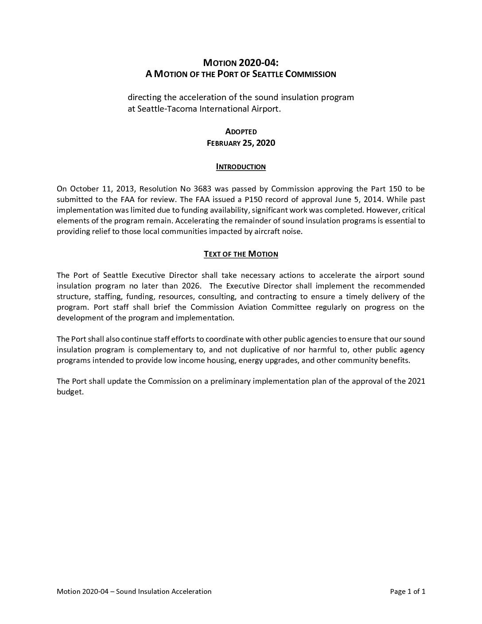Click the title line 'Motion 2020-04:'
click(241, 63)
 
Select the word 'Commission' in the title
click(311, 74)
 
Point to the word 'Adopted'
click(241, 131)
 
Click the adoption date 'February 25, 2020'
click(241, 143)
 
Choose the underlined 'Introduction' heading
click(241, 167)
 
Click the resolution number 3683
click(202, 189)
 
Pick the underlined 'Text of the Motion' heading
click(241, 254)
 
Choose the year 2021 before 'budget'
click(416, 381)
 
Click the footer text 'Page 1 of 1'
click(408, 591)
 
